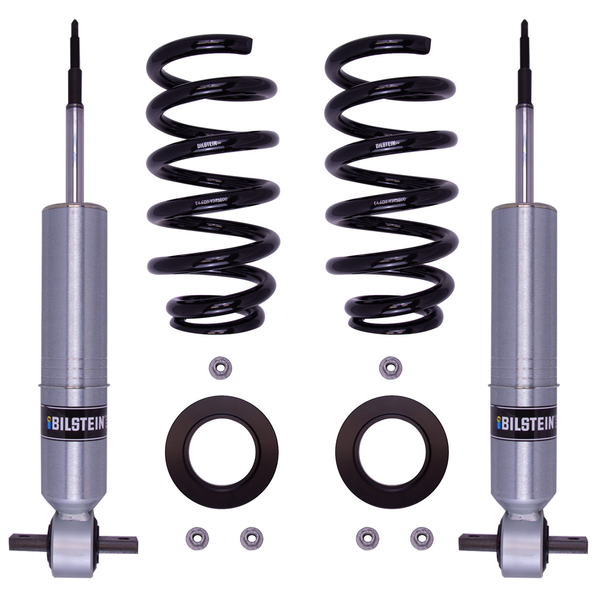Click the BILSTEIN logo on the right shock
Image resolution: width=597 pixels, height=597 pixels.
[x=524, y=423]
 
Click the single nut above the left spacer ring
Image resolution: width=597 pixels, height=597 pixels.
[x=217, y=368]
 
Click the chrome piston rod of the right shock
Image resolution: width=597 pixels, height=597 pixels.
[x=524, y=159]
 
